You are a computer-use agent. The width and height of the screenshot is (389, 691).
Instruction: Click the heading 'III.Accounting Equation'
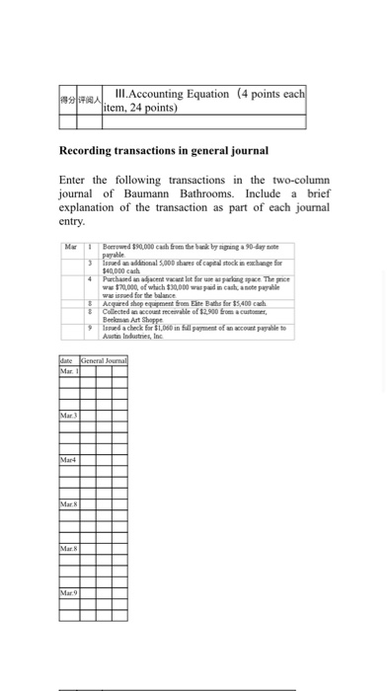[174, 95]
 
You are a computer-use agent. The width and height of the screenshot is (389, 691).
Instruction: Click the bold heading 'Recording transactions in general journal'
[164, 150]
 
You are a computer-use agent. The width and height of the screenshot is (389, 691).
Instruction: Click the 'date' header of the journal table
[67, 362]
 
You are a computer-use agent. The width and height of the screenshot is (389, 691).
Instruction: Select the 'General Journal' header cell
[104, 362]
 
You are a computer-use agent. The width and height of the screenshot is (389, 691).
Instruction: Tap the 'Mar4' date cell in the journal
[68, 460]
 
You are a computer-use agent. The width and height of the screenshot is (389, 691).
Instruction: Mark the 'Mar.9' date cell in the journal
[68, 592]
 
